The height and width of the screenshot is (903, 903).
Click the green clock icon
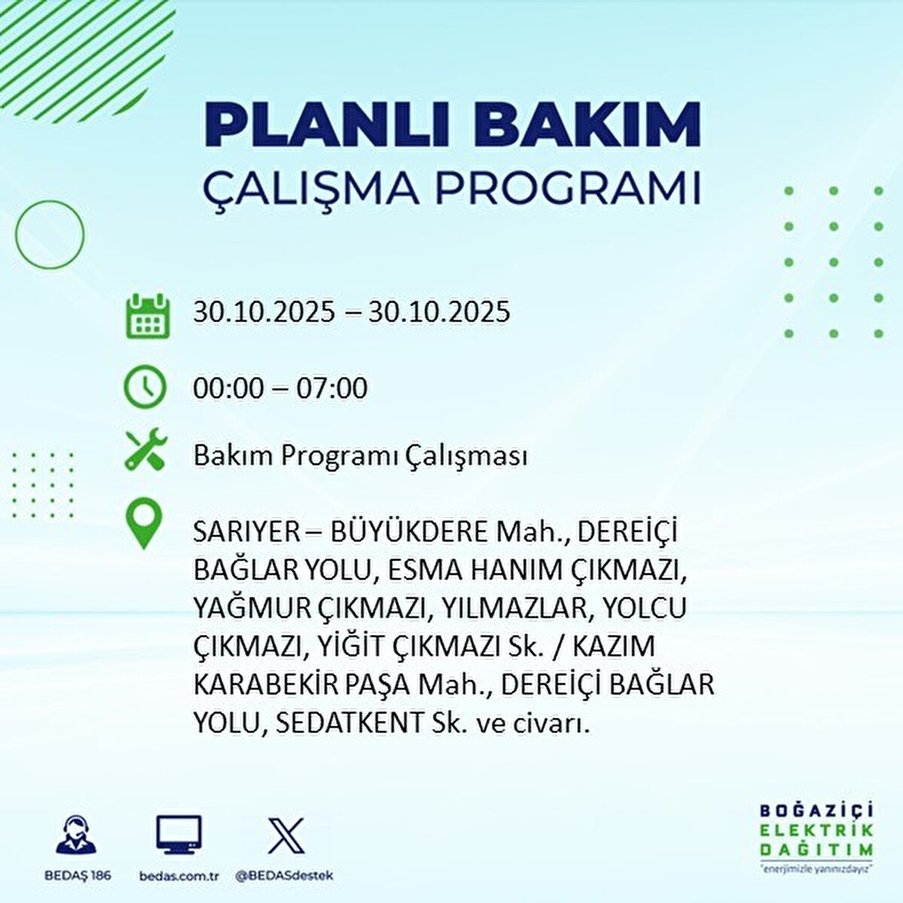tap(144, 387)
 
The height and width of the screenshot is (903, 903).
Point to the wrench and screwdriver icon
tap(145, 450)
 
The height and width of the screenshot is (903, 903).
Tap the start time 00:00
tap(228, 388)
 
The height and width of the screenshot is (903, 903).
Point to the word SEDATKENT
tap(349, 723)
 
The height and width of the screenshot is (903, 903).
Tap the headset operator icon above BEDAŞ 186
tap(77, 834)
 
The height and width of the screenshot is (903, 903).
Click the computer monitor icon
tap(179, 834)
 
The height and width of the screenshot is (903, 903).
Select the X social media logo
tap(286, 834)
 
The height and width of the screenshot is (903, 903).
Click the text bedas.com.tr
tap(179, 876)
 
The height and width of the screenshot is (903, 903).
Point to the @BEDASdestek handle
tap(284, 876)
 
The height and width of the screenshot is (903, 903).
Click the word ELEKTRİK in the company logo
tap(816, 830)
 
